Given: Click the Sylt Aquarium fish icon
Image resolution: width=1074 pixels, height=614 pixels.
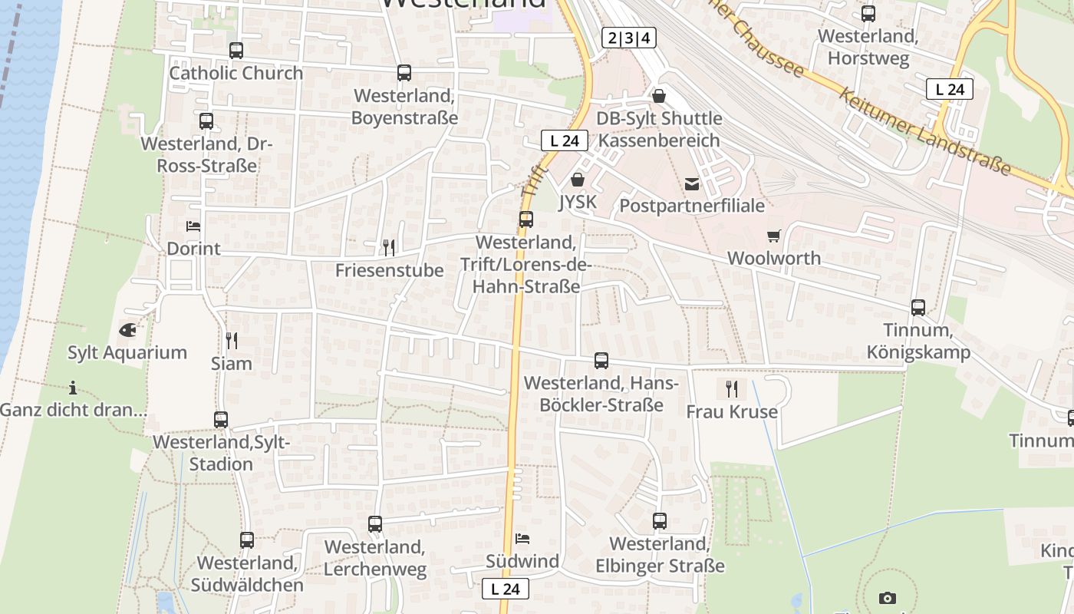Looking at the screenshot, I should click(x=128, y=330).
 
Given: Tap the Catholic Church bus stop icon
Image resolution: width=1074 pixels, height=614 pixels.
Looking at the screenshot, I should click(x=236, y=51).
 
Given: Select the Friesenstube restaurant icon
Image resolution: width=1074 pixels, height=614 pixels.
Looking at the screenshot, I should click(x=389, y=247).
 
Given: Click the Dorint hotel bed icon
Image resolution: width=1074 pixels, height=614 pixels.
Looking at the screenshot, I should click(x=193, y=226).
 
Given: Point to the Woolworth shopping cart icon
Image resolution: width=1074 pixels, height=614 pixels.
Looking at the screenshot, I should click(x=773, y=236).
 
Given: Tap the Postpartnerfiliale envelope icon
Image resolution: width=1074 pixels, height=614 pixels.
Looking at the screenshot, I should click(x=692, y=183).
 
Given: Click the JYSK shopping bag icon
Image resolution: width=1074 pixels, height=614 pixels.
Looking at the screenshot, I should click(x=578, y=180).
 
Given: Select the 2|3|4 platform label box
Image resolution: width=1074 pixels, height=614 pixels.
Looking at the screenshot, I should click(x=629, y=38).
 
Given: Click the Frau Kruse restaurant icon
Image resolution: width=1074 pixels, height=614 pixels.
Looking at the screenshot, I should click(x=731, y=388).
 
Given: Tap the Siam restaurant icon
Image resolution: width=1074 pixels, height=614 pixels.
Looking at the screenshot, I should click(x=231, y=340).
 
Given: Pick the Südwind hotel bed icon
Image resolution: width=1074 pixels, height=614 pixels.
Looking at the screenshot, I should click(x=522, y=538).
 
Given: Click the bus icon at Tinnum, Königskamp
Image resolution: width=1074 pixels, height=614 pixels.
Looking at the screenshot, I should click(x=918, y=308).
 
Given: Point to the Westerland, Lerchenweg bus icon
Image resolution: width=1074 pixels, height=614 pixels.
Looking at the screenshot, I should click(x=375, y=524).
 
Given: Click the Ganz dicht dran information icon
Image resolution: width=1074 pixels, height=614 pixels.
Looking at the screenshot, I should click(x=73, y=387).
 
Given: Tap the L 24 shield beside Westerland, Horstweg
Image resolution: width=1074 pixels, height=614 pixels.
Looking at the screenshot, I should click(x=950, y=89).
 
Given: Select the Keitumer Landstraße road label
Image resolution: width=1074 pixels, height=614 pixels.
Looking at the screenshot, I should click(x=924, y=131).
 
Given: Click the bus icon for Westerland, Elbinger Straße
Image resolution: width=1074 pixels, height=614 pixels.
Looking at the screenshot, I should click(x=660, y=521).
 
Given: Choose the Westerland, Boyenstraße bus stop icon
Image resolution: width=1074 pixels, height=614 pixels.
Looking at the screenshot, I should click(x=404, y=73).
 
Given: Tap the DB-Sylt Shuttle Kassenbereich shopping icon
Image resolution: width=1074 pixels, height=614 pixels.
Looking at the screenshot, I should click(x=659, y=96).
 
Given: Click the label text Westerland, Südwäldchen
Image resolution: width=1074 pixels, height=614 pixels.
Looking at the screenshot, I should click(x=247, y=573).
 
